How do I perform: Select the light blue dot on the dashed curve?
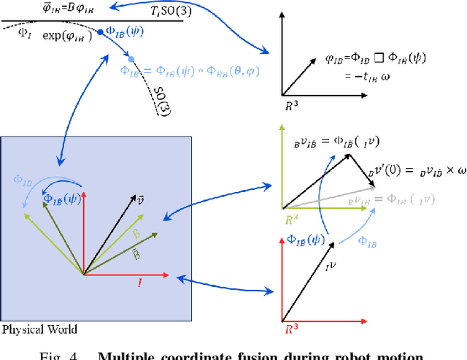coord(131,58)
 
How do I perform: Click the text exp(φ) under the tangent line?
coord(63,35)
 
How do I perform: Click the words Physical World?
coord(39,329)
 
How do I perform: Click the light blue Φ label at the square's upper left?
coord(24,178)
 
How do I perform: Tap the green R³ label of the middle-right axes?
coord(292,217)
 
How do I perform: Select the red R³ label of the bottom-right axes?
coord(292,329)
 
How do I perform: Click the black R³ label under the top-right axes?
coord(290,104)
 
